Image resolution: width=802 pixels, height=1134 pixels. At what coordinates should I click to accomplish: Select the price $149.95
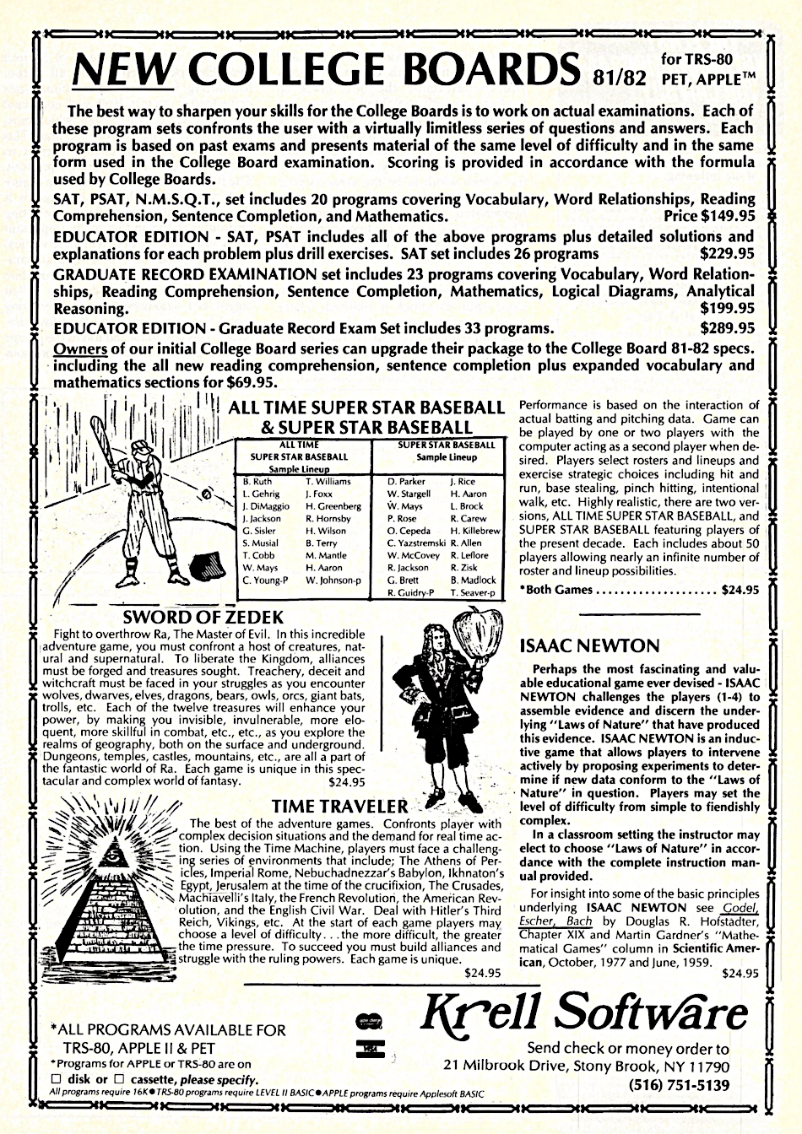[x=722, y=216]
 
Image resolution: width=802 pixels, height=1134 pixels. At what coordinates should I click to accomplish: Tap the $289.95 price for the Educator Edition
[x=728, y=328]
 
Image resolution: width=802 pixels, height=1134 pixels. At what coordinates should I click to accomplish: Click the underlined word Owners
[x=80, y=348]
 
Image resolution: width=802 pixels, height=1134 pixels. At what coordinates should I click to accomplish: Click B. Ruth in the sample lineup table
[x=257, y=481]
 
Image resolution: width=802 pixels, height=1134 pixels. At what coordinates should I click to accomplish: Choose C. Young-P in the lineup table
[x=264, y=580]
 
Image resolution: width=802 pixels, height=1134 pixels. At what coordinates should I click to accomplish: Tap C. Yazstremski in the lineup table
[x=416, y=543]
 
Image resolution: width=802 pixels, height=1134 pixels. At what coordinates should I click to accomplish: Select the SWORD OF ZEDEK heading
[x=203, y=617]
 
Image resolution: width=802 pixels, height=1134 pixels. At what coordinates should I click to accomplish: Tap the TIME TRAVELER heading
[x=340, y=807]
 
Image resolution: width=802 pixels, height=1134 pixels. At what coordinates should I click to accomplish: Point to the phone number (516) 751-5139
[x=684, y=1085]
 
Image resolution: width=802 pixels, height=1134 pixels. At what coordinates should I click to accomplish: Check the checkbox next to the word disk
[x=57, y=1079]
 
